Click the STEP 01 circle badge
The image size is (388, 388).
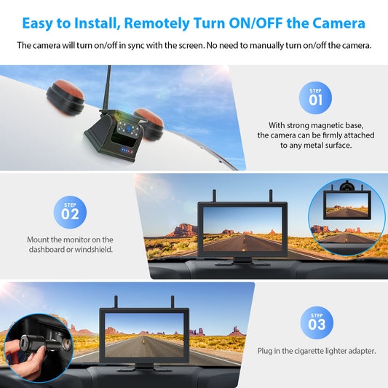coord(315,98)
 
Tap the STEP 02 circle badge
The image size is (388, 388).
coord(70,213)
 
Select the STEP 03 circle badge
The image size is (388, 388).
coord(317,323)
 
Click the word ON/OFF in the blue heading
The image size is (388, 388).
coord(256,23)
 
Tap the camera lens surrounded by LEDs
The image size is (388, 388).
coord(128,129)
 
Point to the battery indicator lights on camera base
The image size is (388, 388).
coord(126,150)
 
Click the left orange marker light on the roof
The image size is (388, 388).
coord(66,98)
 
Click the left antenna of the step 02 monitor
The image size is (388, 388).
coord(214,196)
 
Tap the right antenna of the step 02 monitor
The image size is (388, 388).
coord(271,196)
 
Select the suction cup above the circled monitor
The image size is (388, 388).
coord(347,186)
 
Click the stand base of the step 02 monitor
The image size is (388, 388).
coord(242,262)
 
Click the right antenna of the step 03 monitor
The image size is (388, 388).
coord(173,302)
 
